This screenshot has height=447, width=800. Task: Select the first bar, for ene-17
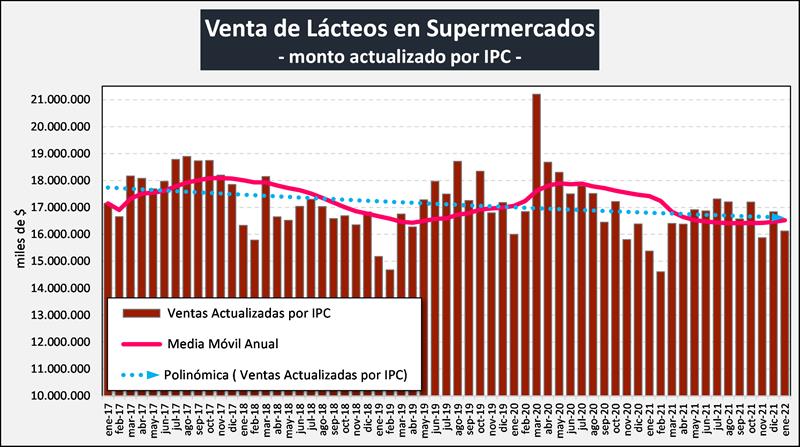click(108, 300)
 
